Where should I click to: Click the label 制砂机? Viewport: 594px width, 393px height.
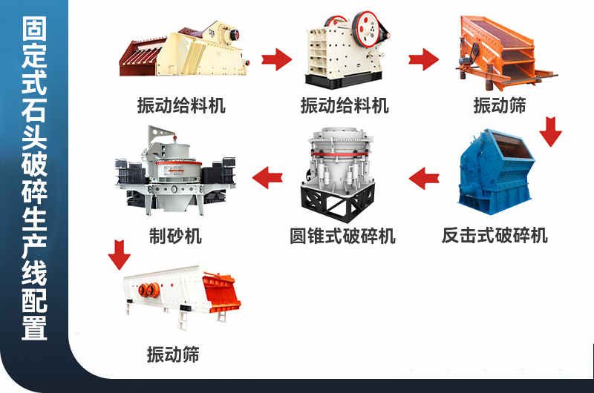(175, 236)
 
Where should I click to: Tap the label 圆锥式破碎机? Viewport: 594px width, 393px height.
(342, 236)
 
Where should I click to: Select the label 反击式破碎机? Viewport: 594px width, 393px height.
(495, 235)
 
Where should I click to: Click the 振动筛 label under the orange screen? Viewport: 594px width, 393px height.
(500, 105)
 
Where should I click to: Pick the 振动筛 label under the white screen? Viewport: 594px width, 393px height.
(173, 354)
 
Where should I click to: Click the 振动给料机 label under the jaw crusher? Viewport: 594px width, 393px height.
(345, 105)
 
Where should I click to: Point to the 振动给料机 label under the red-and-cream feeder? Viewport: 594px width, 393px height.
(181, 105)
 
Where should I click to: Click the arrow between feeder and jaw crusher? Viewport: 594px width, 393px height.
(277, 59)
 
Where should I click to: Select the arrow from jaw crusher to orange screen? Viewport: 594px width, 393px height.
(424, 59)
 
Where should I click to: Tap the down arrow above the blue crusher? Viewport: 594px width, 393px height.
(550, 132)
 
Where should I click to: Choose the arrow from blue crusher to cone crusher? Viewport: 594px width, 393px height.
(424, 178)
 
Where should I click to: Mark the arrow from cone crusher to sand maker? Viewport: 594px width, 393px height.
(267, 178)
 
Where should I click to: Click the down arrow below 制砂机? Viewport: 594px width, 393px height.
(120, 254)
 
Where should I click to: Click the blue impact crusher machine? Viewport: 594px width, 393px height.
(495, 172)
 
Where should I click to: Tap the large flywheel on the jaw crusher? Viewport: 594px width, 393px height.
(366, 29)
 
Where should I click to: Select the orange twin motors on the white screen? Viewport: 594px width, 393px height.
(149, 290)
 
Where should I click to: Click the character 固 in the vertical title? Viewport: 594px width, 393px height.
(34, 28)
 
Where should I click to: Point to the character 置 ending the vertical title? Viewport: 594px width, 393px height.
(34, 328)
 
